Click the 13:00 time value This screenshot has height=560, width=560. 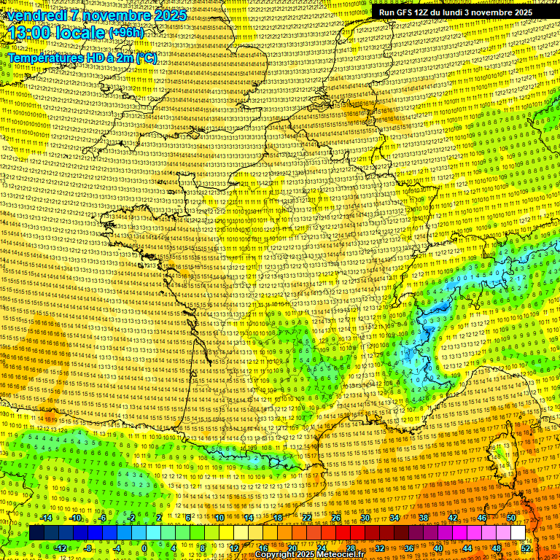click(x=30, y=33)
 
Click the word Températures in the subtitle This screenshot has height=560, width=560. click(x=42, y=58)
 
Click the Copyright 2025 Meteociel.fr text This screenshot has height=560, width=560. click(x=309, y=555)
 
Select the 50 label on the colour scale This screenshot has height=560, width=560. click(x=511, y=518)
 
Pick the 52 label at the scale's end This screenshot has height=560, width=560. click(x=526, y=548)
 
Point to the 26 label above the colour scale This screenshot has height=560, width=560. click(x=336, y=518)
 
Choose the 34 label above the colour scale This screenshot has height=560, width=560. click(x=394, y=518)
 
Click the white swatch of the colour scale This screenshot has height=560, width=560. click(x=518, y=533)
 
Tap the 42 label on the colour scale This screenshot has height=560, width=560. click(x=453, y=518)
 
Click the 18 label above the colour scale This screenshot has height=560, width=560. click(x=278, y=518)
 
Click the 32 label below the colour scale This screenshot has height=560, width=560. click(x=380, y=548)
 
